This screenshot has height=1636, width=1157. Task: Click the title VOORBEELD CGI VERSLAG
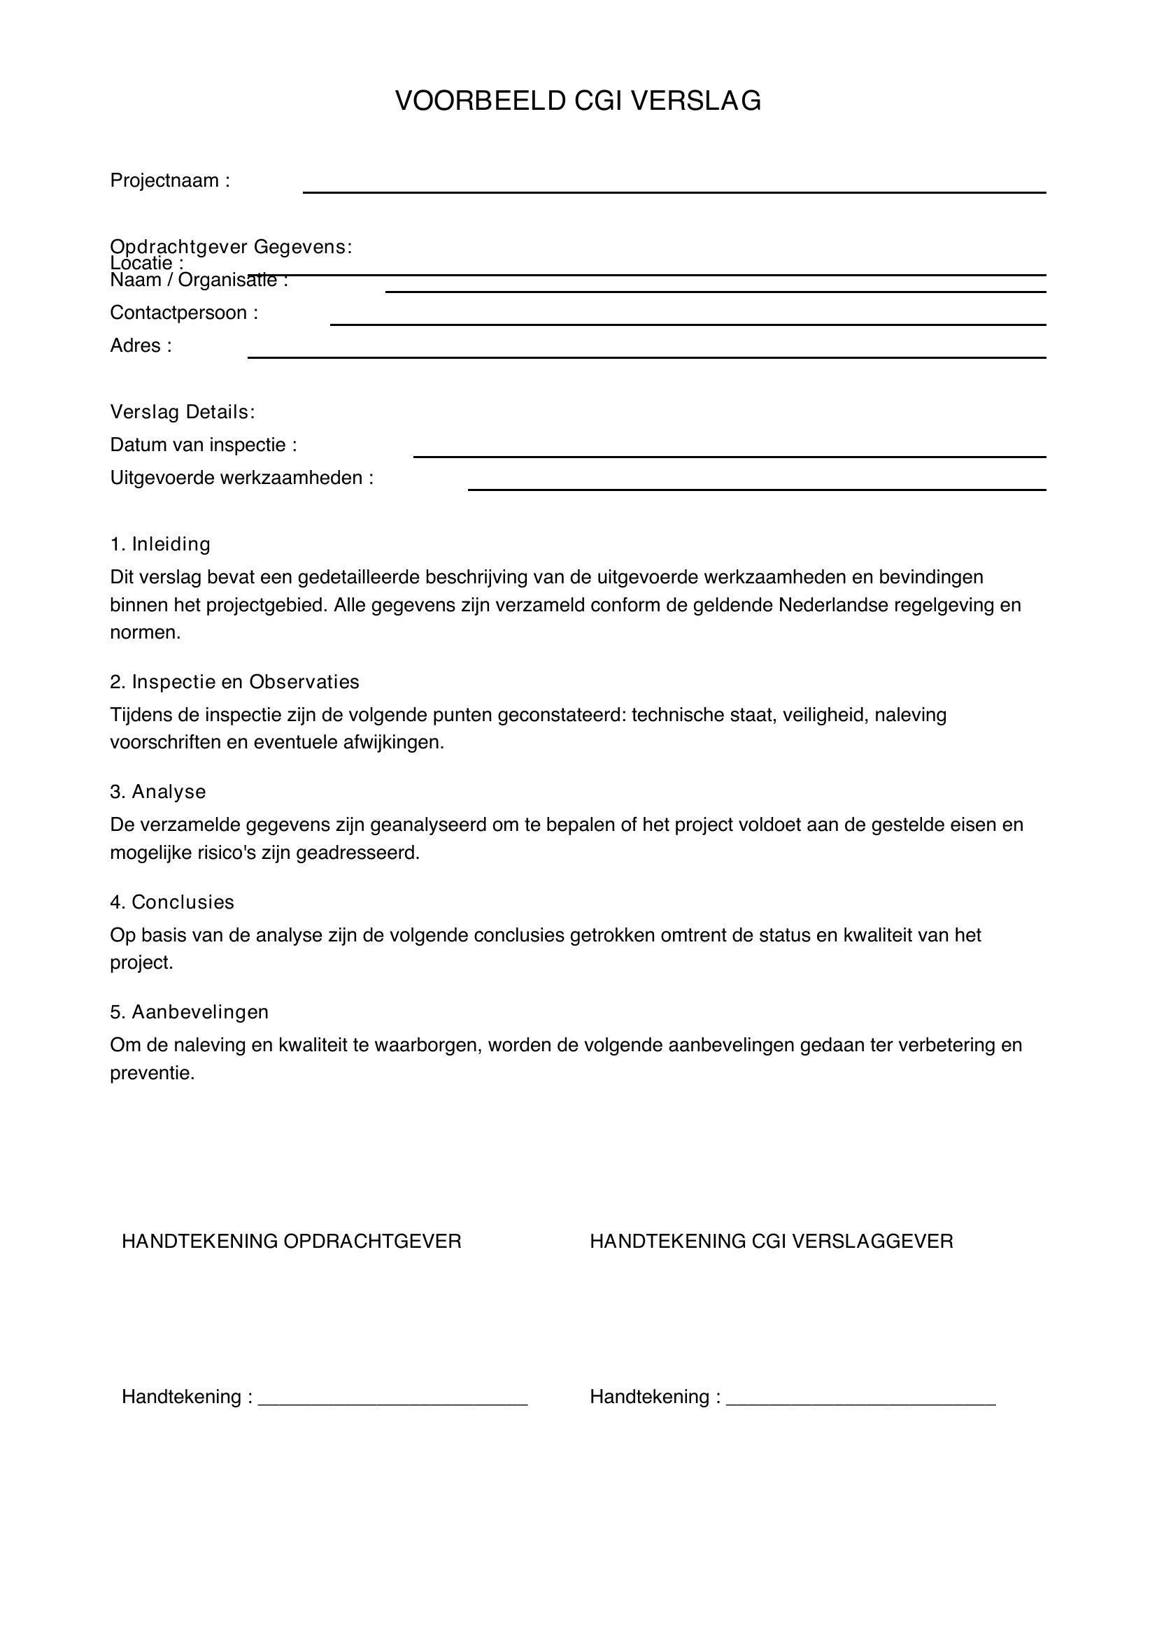[x=578, y=101]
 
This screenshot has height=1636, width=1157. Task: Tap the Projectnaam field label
[x=169, y=181]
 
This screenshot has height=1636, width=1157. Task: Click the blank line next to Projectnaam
[x=674, y=191]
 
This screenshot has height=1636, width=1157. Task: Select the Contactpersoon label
[x=184, y=313]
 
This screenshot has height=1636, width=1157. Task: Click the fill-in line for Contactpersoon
[x=688, y=324]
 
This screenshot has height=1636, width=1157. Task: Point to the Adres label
[x=141, y=346]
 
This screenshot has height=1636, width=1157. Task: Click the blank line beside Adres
[x=646, y=356]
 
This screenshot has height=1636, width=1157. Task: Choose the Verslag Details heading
[x=183, y=412]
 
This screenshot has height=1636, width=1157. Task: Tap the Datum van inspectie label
[x=203, y=446]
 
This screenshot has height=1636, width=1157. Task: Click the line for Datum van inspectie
[x=730, y=455]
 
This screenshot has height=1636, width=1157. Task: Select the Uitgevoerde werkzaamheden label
[x=241, y=478]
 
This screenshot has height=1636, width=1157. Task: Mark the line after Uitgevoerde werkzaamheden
[x=757, y=489]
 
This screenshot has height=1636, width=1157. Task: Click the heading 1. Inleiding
[x=160, y=544]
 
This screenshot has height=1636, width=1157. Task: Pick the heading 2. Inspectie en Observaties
[x=234, y=682]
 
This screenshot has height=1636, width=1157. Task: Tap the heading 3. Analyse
[x=158, y=792]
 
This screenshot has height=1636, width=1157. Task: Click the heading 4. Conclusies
[x=171, y=902]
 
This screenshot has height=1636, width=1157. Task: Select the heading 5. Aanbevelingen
[x=189, y=1012]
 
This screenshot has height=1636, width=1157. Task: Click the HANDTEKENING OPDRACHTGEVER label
[x=292, y=1242]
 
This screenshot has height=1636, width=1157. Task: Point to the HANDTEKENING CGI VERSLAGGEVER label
[x=771, y=1242]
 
